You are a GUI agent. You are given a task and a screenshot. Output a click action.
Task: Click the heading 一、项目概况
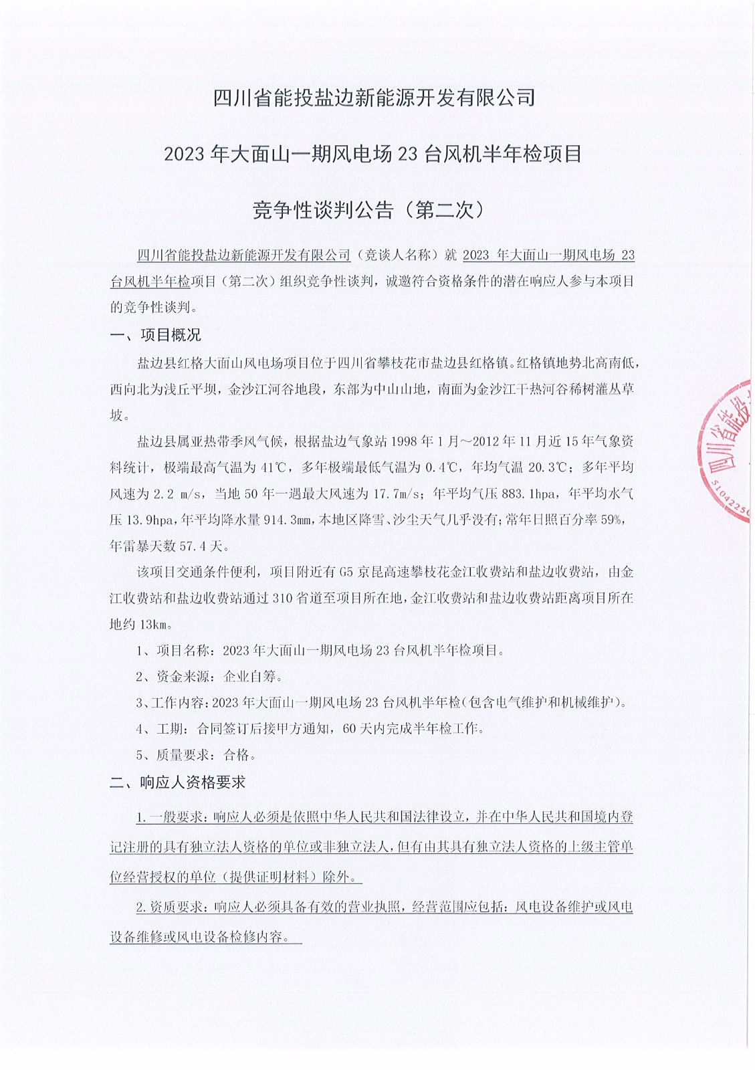155,334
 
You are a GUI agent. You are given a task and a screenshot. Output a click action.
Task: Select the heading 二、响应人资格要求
178,782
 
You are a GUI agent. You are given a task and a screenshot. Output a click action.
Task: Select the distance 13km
155,624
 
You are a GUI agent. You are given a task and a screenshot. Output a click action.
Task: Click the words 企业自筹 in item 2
249,676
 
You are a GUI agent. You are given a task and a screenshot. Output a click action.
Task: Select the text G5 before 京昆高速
345,572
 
